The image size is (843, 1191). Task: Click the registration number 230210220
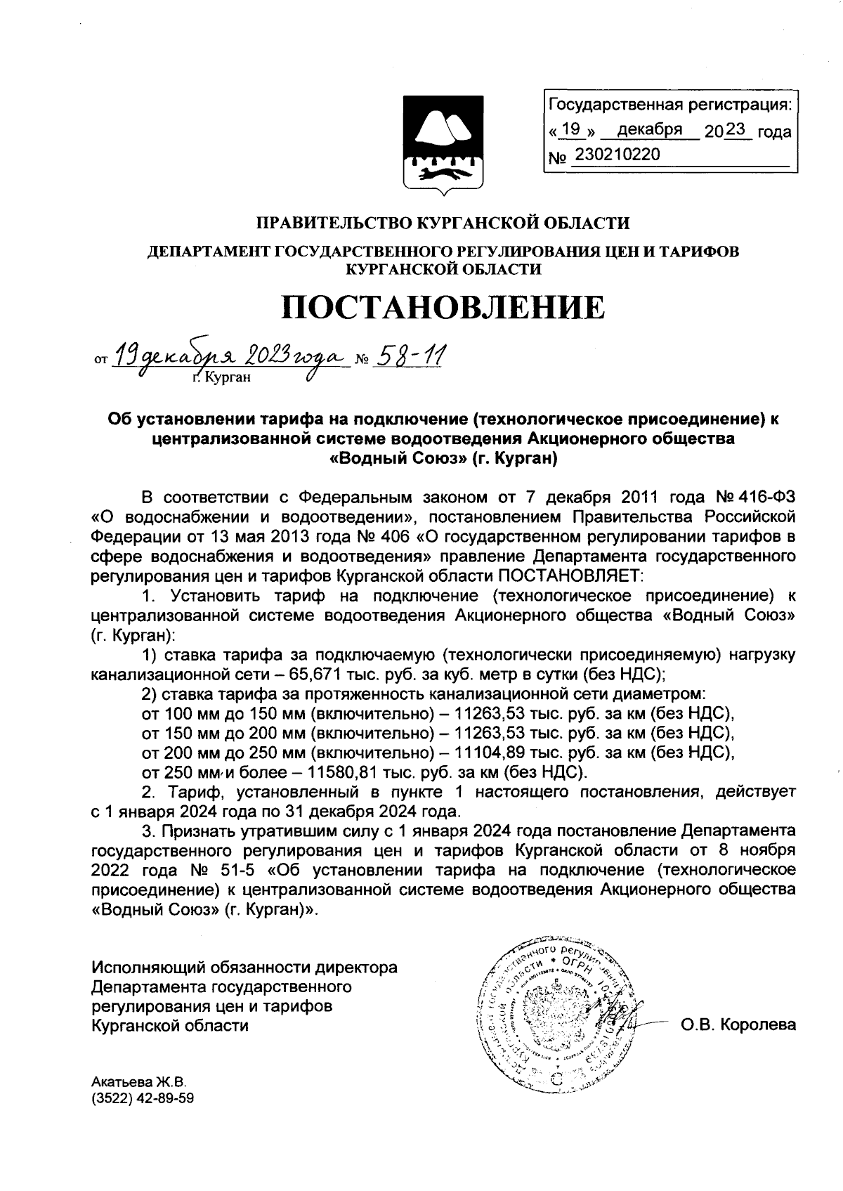tap(617, 154)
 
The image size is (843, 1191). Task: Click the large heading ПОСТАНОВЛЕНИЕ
tap(443, 308)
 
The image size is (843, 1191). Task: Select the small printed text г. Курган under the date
tap(221, 377)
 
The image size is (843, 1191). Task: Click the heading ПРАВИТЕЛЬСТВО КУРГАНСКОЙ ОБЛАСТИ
tap(443, 223)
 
